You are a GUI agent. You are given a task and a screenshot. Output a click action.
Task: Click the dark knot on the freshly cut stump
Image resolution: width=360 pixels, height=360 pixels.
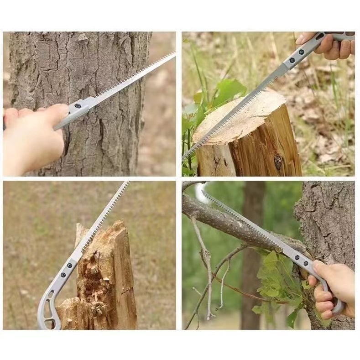(x=278, y=161)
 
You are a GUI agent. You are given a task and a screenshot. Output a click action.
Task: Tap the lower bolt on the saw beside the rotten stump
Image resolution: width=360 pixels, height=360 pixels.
(x=63, y=275)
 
